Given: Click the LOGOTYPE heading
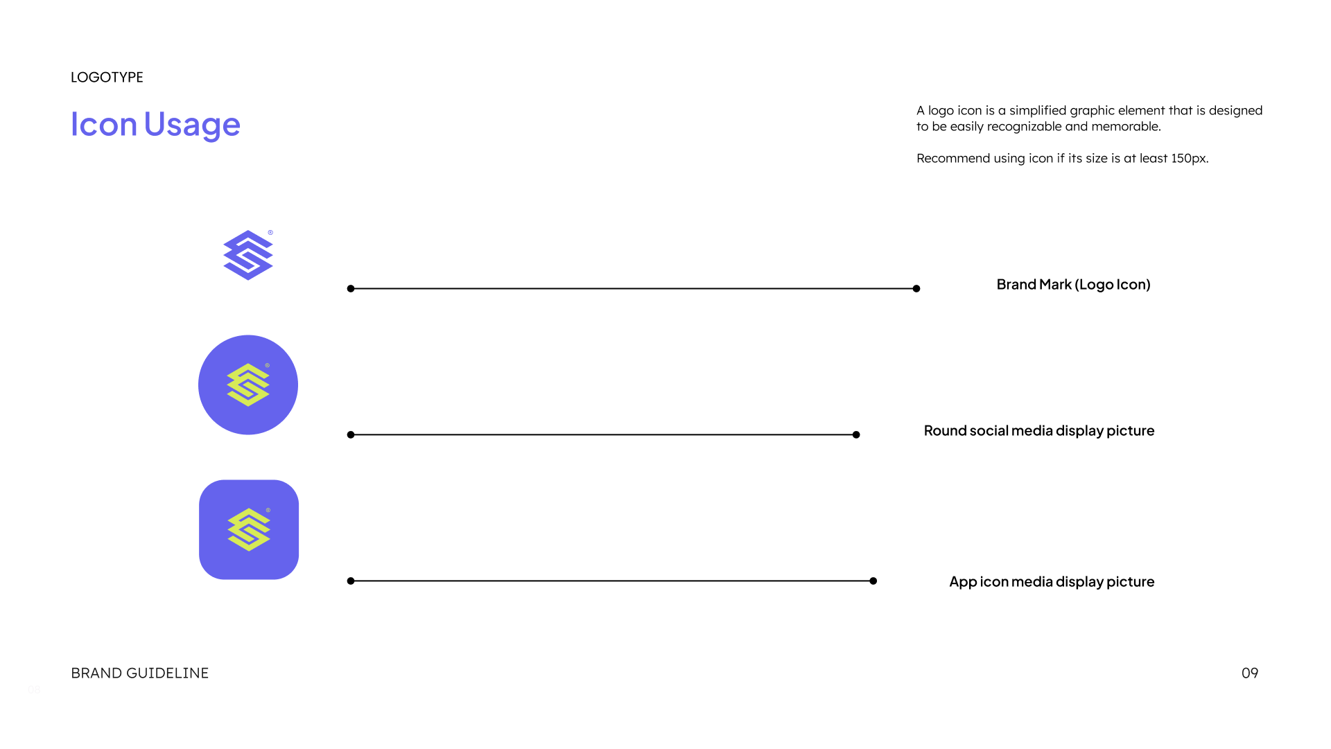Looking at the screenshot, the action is pos(107,77).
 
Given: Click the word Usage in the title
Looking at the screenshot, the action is pos(192,125).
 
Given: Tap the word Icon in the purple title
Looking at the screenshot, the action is pos(104,124).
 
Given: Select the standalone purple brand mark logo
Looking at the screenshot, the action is pos(248,255).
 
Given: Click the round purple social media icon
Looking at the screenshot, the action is pos(248,385).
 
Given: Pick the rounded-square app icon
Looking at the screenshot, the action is pos(249,530).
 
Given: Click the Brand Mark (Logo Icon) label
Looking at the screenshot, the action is pos(1074,285).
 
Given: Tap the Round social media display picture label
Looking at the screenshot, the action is pos(1039,431).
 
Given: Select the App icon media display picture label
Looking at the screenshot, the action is pos(1052,582).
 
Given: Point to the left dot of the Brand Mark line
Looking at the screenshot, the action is pos(351,289).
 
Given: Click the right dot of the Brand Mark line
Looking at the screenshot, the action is pos(916,289).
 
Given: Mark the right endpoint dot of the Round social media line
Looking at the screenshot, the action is pos(856,435).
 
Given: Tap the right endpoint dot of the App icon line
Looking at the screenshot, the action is pos(873,581).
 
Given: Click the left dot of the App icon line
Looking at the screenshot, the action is pos(351,581).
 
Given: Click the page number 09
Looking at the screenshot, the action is pos(1250,673).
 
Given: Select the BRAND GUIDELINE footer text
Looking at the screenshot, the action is pos(139,673).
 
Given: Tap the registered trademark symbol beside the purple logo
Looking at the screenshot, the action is pos(270,233).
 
